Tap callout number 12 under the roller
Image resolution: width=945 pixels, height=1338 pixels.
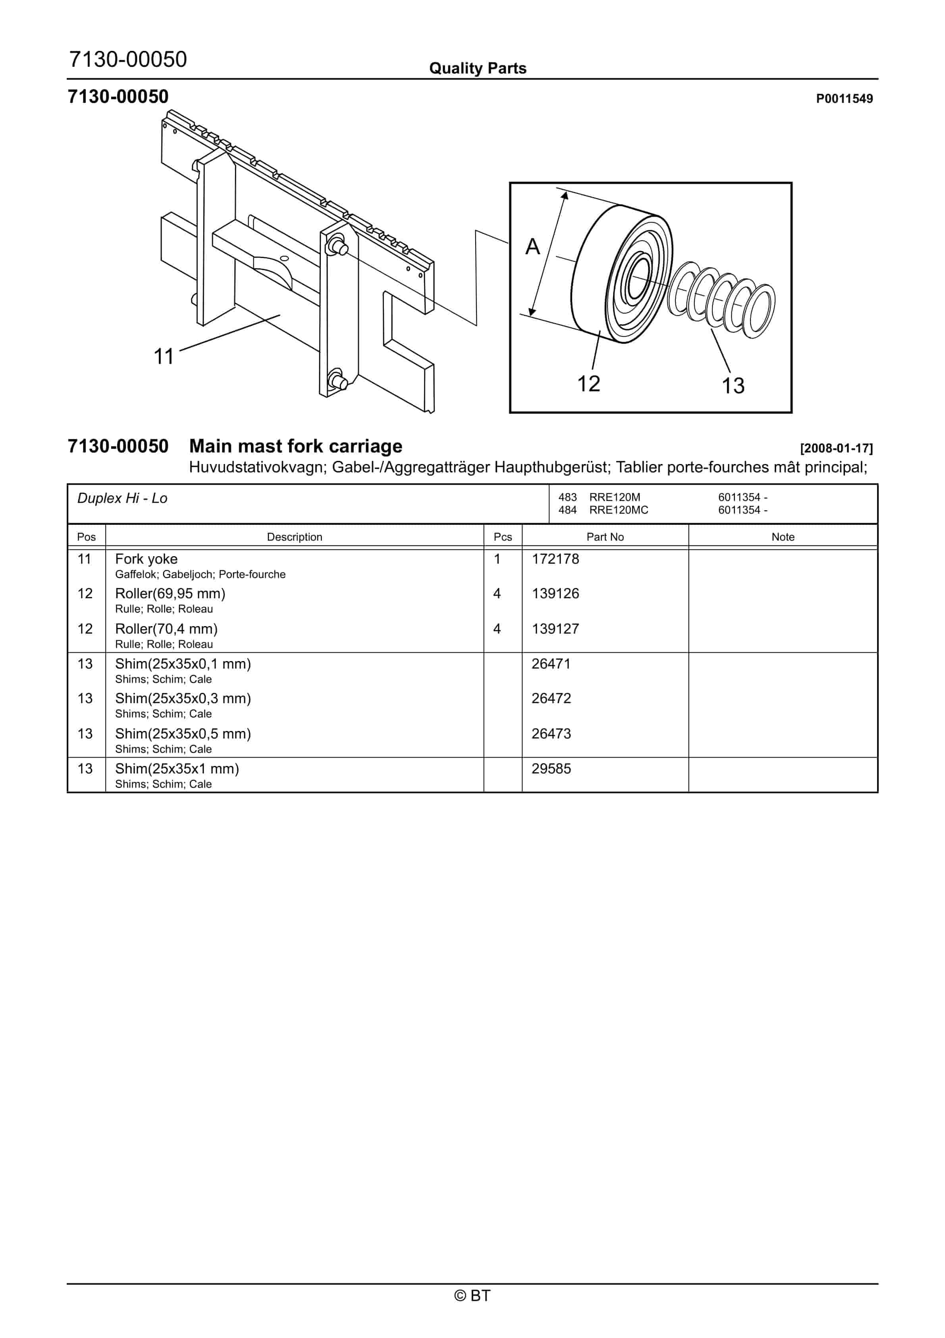coord(588,383)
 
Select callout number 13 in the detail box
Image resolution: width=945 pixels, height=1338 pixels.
coord(733,385)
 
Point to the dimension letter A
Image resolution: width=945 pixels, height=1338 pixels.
coord(532,247)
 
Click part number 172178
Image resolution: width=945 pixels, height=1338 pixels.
coord(555,559)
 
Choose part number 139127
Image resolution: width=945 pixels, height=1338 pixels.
coord(555,629)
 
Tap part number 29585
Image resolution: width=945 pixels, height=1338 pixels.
coord(551,769)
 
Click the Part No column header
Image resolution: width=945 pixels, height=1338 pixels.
coord(605,537)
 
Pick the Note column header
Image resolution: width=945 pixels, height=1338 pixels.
coord(783,537)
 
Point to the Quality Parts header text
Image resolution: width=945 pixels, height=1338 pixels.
coord(478,68)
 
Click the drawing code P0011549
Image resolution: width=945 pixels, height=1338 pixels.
coord(844,99)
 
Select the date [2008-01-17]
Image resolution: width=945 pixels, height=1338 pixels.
coord(836,448)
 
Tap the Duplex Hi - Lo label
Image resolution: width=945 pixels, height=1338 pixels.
coord(122,498)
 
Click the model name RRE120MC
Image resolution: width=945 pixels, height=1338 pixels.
coord(619,510)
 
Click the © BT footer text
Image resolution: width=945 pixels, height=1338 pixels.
coord(472,1295)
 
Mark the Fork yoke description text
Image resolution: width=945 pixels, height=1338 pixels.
coord(146,559)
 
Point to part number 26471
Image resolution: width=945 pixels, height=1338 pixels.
coord(551,664)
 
